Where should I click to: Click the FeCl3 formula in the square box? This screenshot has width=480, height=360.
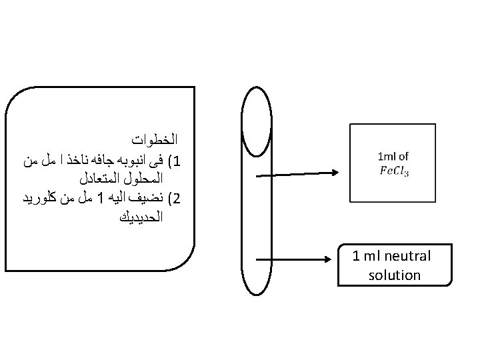click(394, 171)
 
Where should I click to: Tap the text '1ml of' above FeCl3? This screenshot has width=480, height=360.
click(393, 157)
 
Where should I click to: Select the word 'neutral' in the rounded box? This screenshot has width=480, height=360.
click(407, 256)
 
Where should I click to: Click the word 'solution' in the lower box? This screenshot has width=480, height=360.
click(394, 275)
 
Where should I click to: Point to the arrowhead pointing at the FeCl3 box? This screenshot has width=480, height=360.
click(335, 173)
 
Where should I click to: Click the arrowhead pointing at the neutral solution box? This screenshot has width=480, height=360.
click(328, 259)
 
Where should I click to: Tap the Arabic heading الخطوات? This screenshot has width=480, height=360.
click(155, 139)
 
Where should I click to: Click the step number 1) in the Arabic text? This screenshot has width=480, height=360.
click(175, 161)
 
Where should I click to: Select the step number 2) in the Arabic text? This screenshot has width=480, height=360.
click(175, 199)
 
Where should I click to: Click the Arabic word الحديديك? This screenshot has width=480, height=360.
click(141, 217)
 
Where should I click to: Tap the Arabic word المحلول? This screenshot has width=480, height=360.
click(143, 179)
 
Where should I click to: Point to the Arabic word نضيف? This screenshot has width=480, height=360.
click(146, 198)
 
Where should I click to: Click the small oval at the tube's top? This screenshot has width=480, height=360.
click(257, 87)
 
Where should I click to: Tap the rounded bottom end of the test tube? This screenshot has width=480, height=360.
click(257, 295)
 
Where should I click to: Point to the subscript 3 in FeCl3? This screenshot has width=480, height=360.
click(407, 174)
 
